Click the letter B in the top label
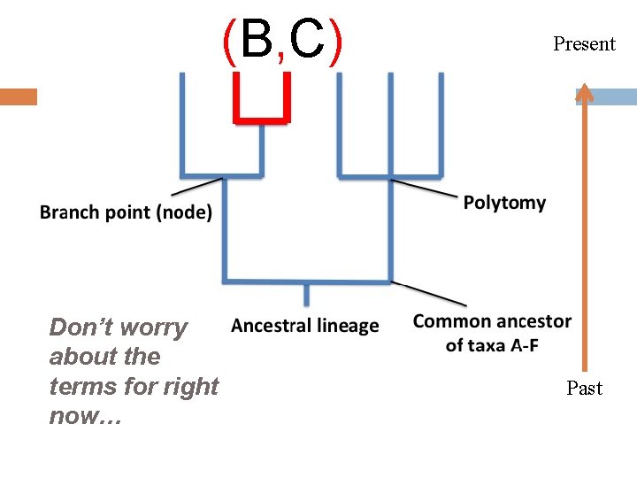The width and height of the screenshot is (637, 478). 257,41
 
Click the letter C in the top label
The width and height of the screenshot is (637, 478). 306,41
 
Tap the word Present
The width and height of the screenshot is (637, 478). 584,43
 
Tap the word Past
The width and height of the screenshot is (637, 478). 584,388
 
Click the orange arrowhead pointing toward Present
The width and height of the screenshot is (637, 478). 584,92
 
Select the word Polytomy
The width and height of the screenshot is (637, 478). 504,203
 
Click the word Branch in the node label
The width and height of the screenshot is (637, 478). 72,213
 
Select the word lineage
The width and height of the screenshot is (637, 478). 342,326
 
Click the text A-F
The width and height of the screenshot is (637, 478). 520,345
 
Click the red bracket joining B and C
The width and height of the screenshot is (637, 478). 262,119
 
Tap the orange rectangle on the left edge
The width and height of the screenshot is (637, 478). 18,96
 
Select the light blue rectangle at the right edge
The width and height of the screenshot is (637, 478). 615,97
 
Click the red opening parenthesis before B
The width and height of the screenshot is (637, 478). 228,42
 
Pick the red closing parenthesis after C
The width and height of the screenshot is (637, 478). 334,42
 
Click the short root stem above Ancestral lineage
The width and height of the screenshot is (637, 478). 307,294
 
